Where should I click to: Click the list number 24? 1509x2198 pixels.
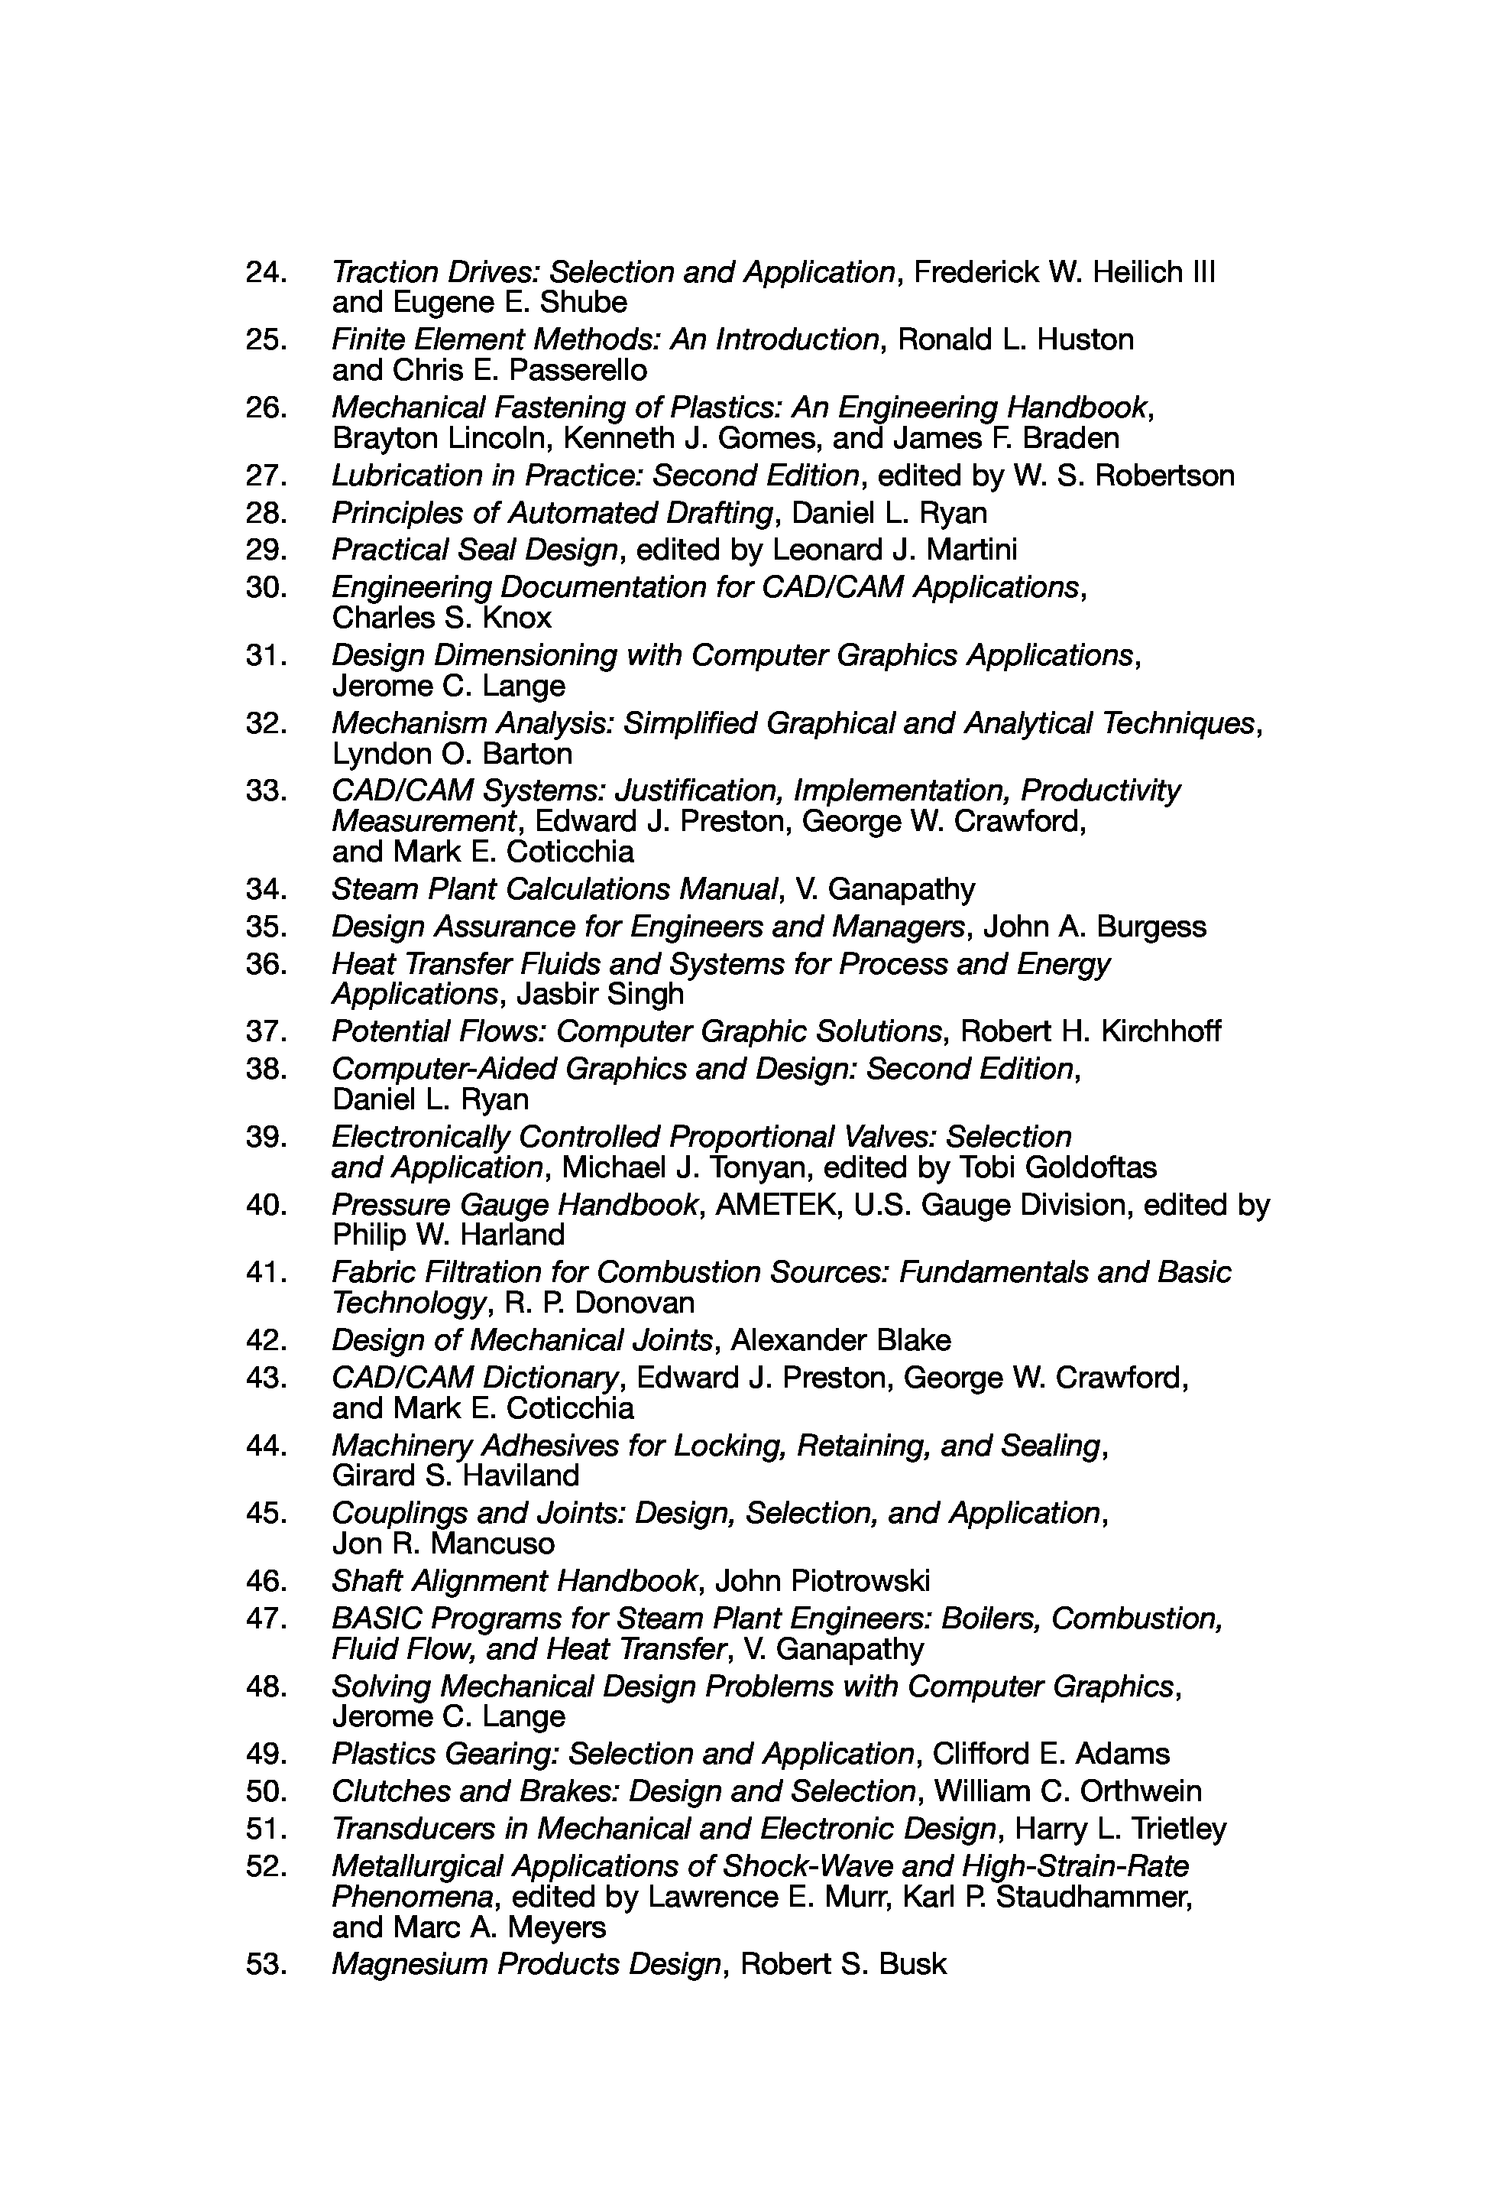click(x=266, y=272)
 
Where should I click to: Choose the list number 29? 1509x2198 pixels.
click(x=266, y=550)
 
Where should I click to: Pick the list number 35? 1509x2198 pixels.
click(x=266, y=926)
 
